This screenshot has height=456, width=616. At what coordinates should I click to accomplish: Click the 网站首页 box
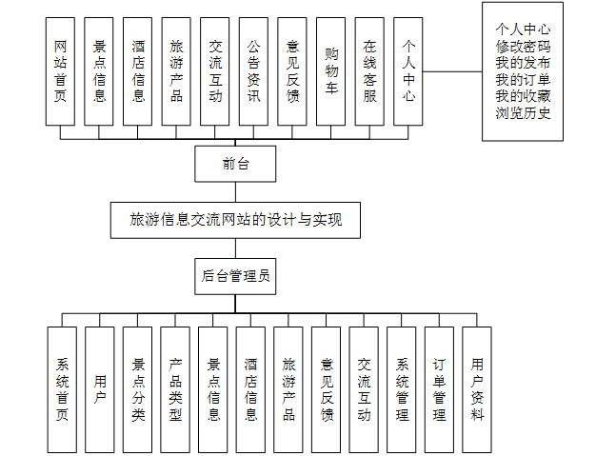(60, 71)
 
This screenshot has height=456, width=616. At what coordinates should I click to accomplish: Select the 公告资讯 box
(253, 71)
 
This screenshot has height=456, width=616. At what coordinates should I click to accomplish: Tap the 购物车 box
(330, 71)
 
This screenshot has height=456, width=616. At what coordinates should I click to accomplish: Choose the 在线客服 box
(369, 71)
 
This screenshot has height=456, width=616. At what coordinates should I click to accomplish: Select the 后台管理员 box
(235, 277)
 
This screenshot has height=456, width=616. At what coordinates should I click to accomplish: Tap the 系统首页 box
(62, 389)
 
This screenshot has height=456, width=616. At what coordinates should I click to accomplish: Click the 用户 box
(100, 389)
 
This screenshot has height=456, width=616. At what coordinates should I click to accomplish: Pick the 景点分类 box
(137, 389)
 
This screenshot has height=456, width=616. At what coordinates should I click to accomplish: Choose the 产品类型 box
(175, 389)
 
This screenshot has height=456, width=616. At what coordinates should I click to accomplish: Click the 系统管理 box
(402, 389)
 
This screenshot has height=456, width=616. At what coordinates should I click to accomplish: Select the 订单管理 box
(439, 389)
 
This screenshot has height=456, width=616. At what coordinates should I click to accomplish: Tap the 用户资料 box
(477, 389)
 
